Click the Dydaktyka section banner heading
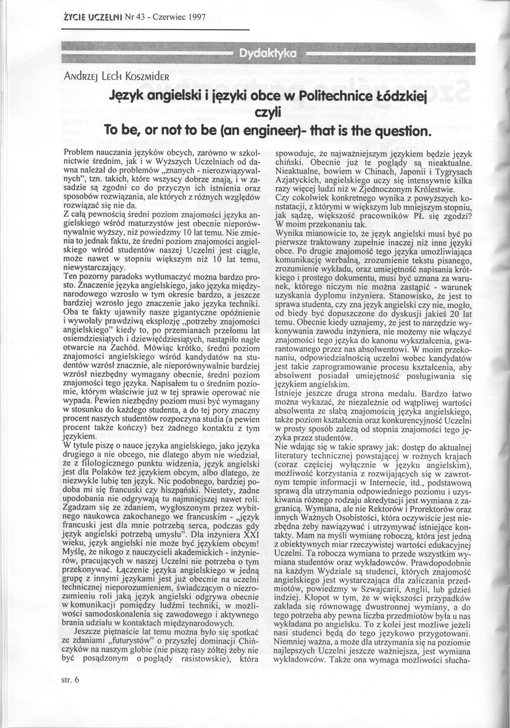click(x=268, y=54)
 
